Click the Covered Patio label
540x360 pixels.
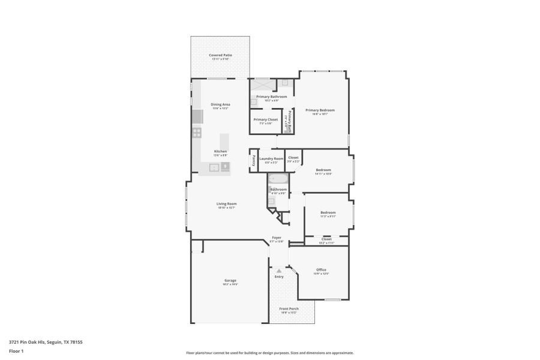(x=220, y=55)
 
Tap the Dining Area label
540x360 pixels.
(x=220, y=104)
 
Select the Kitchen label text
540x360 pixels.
(x=221, y=151)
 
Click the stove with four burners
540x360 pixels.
(x=196, y=133)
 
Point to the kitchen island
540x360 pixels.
(x=224, y=142)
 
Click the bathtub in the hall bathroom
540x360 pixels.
(x=278, y=179)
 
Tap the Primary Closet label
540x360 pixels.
(x=265, y=119)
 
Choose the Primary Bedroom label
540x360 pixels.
(x=320, y=110)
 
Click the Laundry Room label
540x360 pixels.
(x=271, y=158)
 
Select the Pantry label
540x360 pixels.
(x=253, y=160)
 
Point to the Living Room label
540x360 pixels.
(x=226, y=203)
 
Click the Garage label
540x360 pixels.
(x=230, y=280)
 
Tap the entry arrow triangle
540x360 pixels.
(x=279, y=271)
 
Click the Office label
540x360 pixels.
(x=321, y=269)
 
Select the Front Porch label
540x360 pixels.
(x=289, y=308)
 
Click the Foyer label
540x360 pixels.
(x=277, y=238)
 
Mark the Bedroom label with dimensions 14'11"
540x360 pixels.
(x=323, y=170)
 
